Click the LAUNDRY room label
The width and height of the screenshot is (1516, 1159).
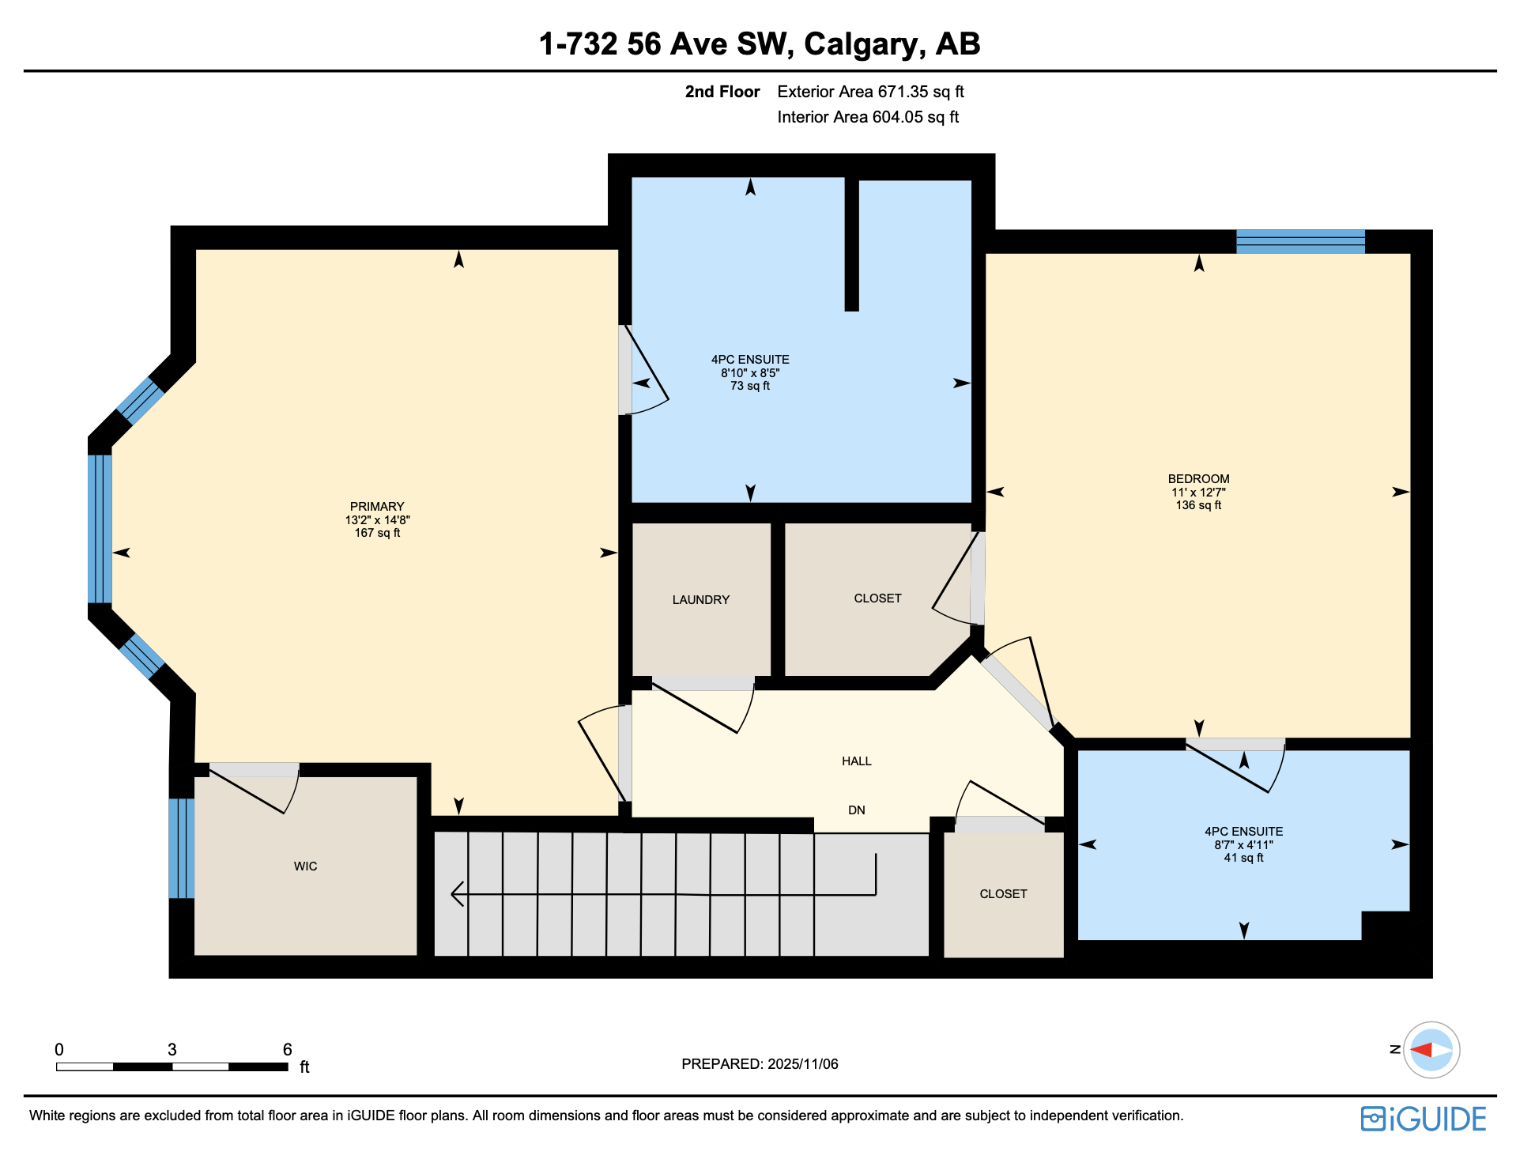tap(700, 600)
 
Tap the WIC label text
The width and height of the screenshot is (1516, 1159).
tap(305, 866)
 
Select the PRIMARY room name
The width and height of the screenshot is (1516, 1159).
tap(377, 507)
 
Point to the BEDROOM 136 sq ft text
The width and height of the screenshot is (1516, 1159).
tap(1198, 505)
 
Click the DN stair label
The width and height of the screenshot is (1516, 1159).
tap(857, 810)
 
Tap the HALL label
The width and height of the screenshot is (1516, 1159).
tap(857, 761)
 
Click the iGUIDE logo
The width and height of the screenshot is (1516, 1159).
tap(1423, 1119)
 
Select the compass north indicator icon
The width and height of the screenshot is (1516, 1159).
tap(1431, 1050)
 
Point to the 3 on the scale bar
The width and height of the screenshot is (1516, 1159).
tap(172, 1050)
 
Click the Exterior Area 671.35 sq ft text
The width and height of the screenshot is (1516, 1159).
tap(870, 92)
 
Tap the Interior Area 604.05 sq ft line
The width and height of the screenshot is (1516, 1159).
tap(868, 117)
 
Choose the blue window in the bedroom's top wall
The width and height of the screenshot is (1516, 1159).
tap(1300, 241)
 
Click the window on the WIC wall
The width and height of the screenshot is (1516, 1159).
tap(181, 848)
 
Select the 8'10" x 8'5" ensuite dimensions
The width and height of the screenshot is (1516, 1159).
tap(750, 373)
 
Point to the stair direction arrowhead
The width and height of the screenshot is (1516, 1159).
tap(457, 894)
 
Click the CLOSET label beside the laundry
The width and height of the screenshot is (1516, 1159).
tap(877, 598)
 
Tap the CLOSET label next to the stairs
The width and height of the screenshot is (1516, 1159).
tap(1003, 894)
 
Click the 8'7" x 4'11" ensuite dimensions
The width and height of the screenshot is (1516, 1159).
tap(1243, 845)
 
